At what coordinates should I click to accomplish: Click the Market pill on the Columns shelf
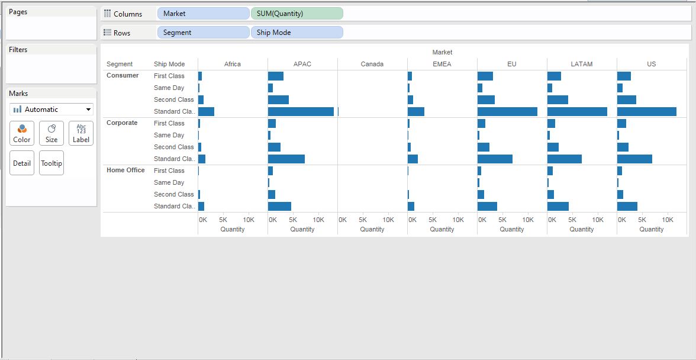point(203,14)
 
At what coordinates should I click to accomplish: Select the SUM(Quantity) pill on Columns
point(297,14)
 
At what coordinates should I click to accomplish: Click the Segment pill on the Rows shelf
point(203,33)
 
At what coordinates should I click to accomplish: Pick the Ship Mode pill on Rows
point(297,33)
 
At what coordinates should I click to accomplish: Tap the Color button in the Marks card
point(22,133)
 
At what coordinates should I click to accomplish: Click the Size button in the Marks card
point(51,133)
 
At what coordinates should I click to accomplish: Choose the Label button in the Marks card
point(81,133)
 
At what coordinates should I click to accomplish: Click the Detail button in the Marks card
point(22,163)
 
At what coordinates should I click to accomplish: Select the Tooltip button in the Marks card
point(51,163)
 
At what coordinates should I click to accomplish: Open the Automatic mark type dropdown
point(51,110)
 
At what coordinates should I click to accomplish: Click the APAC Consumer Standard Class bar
point(301,111)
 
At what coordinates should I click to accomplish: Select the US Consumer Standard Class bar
point(646,111)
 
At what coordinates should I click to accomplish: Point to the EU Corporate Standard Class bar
point(495,159)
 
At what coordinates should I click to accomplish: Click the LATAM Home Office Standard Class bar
point(558,206)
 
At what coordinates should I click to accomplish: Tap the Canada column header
point(372,64)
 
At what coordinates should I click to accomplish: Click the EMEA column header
point(442,64)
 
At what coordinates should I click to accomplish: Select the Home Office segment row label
point(125,170)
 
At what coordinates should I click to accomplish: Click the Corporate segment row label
point(122,123)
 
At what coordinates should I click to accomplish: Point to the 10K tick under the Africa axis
point(249,220)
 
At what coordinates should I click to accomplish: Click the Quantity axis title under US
point(651,229)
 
